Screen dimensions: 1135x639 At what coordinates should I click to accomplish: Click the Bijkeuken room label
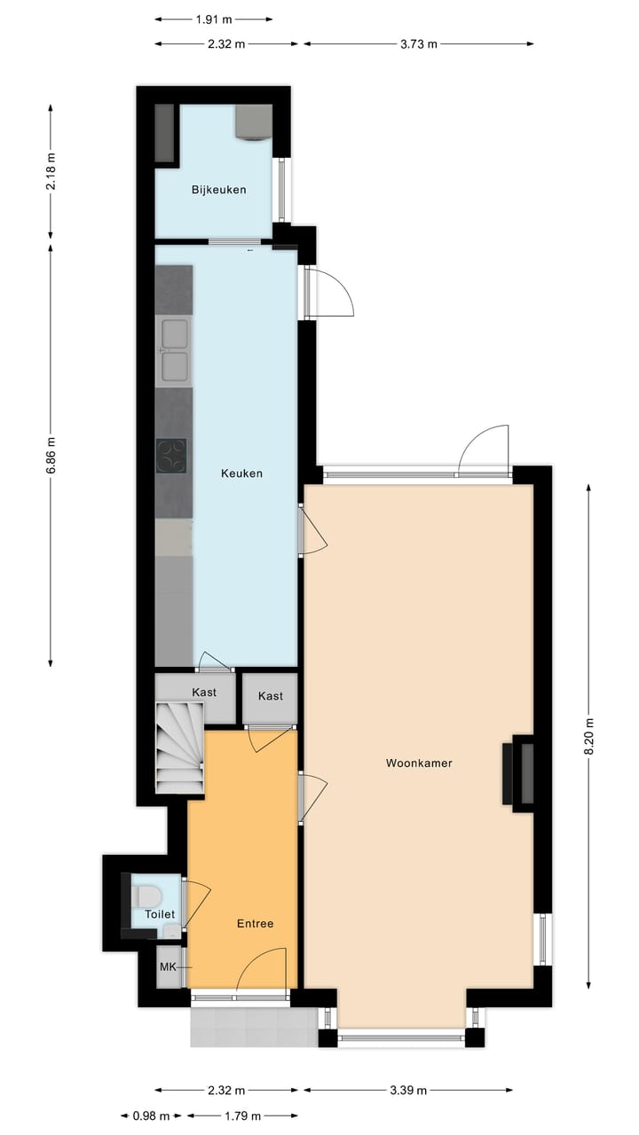pyautogui.click(x=218, y=190)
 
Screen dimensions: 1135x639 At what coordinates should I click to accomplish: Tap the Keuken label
pyautogui.click(x=241, y=474)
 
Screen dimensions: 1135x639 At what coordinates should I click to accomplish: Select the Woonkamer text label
pyautogui.click(x=419, y=763)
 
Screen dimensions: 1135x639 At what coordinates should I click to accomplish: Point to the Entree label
pyautogui.click(x=255, y=924)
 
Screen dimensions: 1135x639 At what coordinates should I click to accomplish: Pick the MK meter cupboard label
pyautogui.click(x=168, y=967)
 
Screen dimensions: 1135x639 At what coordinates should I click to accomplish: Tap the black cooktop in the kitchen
pyautogui.click(x=173, y=456)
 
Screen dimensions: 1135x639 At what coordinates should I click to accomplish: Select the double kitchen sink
pyautogui.click(x=174, y=348)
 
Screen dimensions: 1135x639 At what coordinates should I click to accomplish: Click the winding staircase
pyautogui.click(x=179, y=747)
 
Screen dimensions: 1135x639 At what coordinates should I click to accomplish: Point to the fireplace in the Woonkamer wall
pyautogui.click(x=519, y=771)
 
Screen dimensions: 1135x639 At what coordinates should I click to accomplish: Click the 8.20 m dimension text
pyautogui.click(x=588, y=735)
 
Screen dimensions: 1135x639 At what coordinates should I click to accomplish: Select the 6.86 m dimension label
pyautogui.click(x=51, y=455)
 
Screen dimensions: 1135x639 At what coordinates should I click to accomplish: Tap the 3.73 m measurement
pyautogui.click(x=418, y=43)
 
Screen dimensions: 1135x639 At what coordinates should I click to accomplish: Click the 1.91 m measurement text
pyautogui.click(x=213, y=18)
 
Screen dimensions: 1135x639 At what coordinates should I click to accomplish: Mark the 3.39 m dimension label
pyautogui.click(x=408, y=1091)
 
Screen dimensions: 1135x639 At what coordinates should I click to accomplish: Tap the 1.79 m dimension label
pyautogui.click(x=241, y=1116)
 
